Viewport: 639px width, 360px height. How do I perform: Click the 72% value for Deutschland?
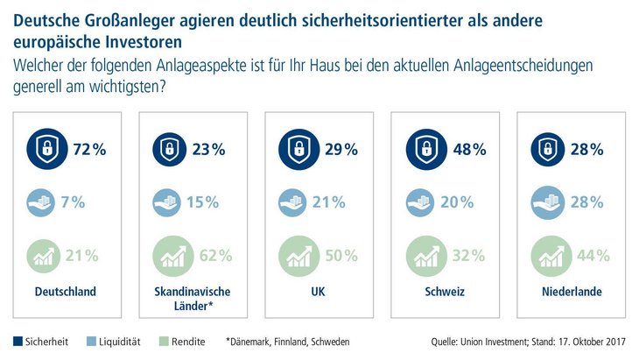coord(88,149)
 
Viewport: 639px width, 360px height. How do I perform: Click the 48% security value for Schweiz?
coord(468,149)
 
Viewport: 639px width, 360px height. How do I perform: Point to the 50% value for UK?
coord(341,256)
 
